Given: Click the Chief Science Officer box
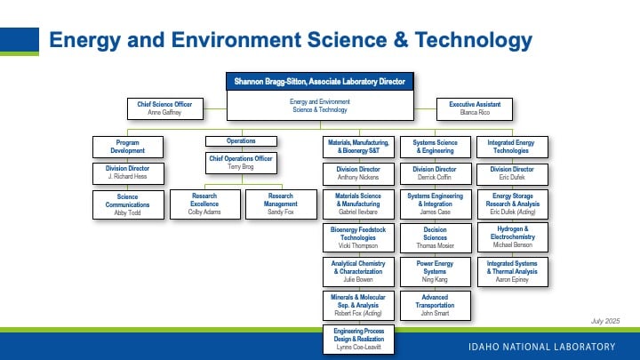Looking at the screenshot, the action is [x=165, y=108].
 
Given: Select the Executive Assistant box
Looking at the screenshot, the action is [x=475, y=109].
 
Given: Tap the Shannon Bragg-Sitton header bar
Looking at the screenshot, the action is [x=320, y=81].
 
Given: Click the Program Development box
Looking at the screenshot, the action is [x=128, y=147].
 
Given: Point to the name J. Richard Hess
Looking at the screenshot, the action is [x=127, y=176].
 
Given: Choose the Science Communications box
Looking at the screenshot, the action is [x=128, y=205].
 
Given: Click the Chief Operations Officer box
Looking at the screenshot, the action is [x=241, y=163].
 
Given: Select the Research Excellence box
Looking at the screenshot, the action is [x=205, y=204].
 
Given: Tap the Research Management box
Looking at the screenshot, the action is [x=281, y=204].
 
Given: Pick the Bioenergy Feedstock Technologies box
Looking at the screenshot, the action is [x=358, y=237].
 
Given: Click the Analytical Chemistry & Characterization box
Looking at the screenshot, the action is [x=358, y=271].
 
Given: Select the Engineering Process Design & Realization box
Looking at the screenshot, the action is [x=358, y=340].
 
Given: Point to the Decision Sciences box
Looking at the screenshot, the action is [x=435, y=237].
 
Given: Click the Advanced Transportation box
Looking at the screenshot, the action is [x=435, y=305].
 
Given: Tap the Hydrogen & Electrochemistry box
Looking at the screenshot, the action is [x=513, y=237].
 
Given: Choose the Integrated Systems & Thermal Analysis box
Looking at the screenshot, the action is [x=513, y=271].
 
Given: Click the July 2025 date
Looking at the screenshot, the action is [x=605, y=321].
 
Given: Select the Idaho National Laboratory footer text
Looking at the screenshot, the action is [x=541, y=347].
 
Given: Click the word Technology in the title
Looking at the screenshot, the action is [x=474, y=40].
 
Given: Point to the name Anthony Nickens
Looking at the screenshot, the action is [x=358, y=177].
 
